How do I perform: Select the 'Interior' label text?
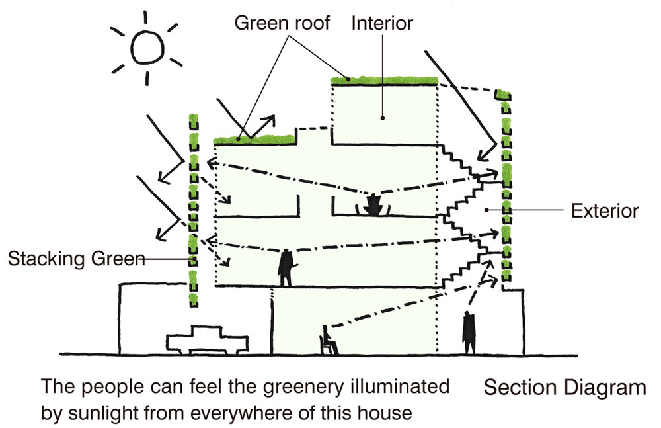(382, 23)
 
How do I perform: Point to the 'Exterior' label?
(604, 211)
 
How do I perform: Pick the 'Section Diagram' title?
(564, 387)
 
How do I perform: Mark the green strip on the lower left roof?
(254, 139)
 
